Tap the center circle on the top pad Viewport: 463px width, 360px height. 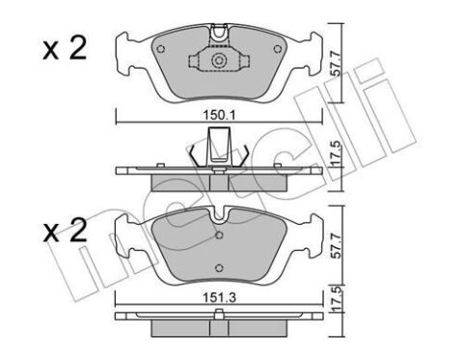(x=220, y=62)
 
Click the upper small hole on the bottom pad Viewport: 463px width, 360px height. (x=220, y=235)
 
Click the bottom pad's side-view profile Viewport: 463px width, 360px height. (x=220, y=318)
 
